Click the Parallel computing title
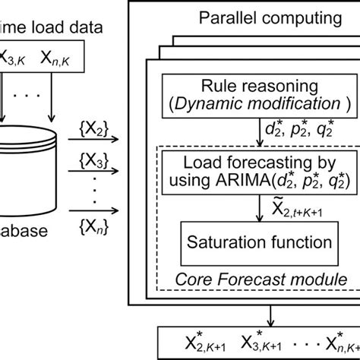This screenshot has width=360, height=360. (251, 16)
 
